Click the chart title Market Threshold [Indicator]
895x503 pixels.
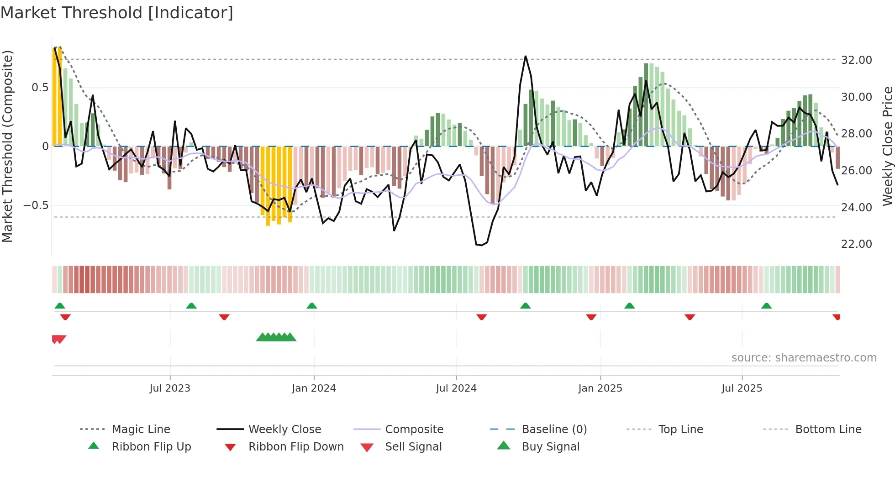click(117, 13)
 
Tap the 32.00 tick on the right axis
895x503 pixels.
click(856, 60)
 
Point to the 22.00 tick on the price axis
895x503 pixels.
click(856, 244)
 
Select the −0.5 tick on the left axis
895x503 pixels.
click(36, 205)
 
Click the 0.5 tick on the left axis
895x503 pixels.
click(40, 87)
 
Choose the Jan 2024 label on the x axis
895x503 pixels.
click(314, 388)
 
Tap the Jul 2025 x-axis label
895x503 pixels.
click(742, 388)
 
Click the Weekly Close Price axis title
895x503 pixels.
click(887, 146)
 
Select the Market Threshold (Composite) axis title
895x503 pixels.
click(7, 146)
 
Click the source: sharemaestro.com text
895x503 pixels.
click(804, 357)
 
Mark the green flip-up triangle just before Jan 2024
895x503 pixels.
click(312, 306)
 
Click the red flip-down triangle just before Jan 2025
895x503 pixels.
click(591, 317)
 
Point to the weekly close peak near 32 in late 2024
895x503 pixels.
click(526, 57)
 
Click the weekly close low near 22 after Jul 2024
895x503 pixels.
click(479, 245)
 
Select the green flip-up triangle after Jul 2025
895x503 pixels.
click(766, 306)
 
